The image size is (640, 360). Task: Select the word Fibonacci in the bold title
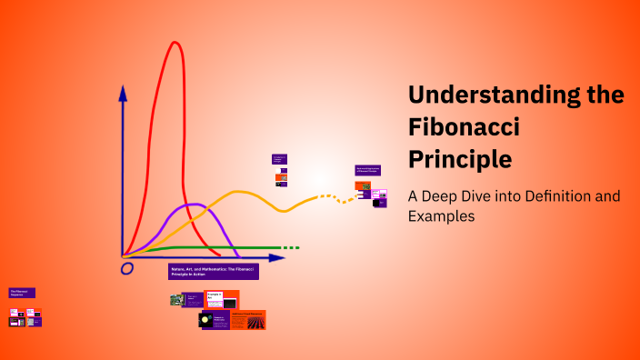point(464,127)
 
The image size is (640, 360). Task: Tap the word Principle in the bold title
point(460,159)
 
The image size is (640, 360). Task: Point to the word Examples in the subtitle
point(441,216)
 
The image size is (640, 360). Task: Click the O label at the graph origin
point(127,268)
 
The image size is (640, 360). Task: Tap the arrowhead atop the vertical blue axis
point(124,92)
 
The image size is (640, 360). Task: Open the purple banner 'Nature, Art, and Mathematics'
point(214,271)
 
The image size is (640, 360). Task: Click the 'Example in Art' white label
point(215,298)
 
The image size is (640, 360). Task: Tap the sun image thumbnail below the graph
point(205,320)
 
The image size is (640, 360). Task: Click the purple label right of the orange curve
point(367,170)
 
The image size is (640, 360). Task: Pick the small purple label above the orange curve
point(279,158)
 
